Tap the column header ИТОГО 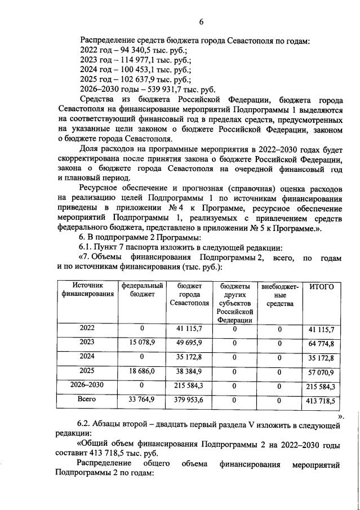(322, 287)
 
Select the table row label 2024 (87, 357)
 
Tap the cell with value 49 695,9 (189, 343)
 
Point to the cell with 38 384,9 (189, 371)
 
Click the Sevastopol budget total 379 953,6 (189, 401)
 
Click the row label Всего (87, 399)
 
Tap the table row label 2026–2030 (87, 385)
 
